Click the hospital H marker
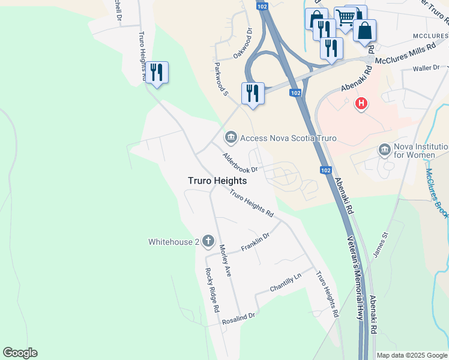point(361,103)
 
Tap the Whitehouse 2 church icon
point(208,242)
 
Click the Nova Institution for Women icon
point(385,149)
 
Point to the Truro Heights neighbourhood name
point(217,180)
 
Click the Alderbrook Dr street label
point(240,162)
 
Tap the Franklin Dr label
point(255,241)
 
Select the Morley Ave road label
point(225,260)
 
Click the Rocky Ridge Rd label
point(212,290)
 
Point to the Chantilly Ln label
point(286,283)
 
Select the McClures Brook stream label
point(436,193)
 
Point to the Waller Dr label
point(426,68)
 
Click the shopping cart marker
point(345,19)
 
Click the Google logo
point(20,353)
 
